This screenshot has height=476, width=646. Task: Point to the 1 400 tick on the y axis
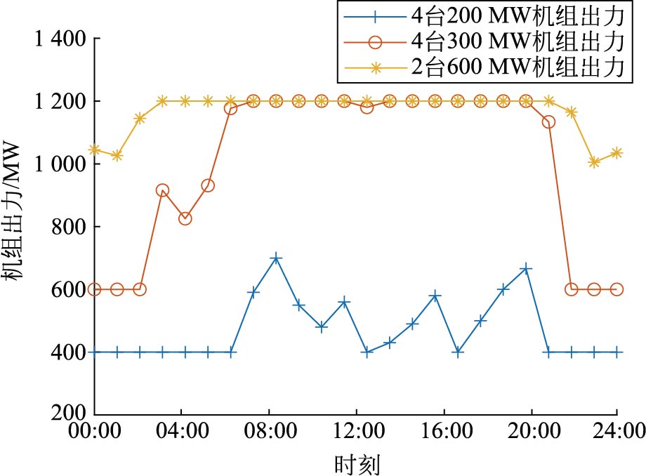tap(60, 39)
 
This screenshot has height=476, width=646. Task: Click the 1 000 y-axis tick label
tap(60, 164)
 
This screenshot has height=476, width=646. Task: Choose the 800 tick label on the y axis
tap(70, 227)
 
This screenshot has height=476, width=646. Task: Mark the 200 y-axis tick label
tap(70, 413)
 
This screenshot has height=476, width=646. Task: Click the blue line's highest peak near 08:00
tap(276, 258)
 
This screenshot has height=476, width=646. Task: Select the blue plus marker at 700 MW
tap(276, 258)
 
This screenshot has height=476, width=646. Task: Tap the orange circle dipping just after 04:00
tap(185, 218)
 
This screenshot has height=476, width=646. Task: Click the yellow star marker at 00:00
tap(95, 150)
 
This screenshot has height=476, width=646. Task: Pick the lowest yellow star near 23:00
tap(594, 162)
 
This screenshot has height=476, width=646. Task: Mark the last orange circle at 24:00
tap(617, 289)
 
